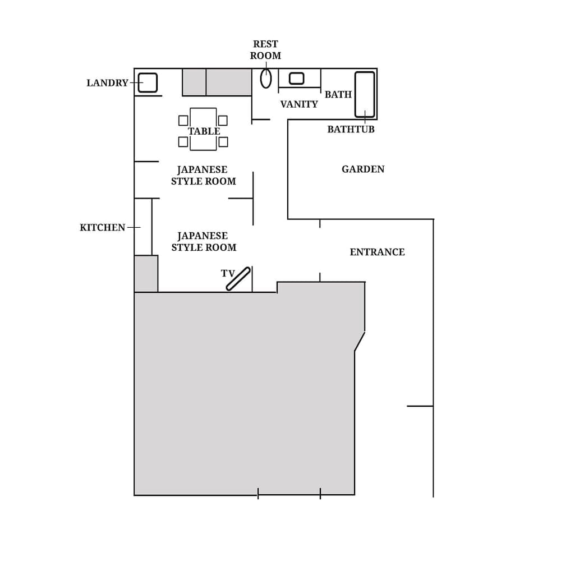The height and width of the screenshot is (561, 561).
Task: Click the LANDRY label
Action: [x=107, y=83]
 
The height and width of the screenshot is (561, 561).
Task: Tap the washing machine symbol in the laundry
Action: [x=148, y=82]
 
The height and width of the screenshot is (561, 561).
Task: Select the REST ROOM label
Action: [x=265, y=50]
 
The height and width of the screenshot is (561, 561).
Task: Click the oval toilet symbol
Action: [x=266, y=79]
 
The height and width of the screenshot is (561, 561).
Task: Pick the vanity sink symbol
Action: [x=296, y=79]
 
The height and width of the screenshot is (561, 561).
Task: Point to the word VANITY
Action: [x=299, y=104]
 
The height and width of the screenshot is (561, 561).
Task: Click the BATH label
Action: [x=338, y=95]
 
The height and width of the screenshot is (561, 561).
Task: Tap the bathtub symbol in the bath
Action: [x=365, y=94]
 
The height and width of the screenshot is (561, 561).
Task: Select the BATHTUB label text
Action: [x=351, y=130]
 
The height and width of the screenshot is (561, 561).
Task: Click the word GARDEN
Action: [x=363, y=169]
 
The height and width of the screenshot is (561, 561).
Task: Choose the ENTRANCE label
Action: [x=377, y=252]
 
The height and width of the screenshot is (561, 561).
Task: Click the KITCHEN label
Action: [x=102, y=228]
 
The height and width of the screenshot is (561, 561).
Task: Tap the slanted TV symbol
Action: [x=238, y=279]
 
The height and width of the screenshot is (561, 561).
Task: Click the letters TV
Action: [x=227, y=274]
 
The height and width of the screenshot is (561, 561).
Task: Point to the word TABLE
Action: [x=204, y=131]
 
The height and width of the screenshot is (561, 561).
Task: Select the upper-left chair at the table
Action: [x=183, y=121]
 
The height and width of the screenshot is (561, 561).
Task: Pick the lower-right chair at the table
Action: [x=223, y=142]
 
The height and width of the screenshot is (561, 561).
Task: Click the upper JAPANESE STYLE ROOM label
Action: [x=203, y=176]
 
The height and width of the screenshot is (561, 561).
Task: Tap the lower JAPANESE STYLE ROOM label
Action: [x=204, y=242]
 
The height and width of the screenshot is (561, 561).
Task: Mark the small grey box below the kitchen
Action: [x=146, y=274]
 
